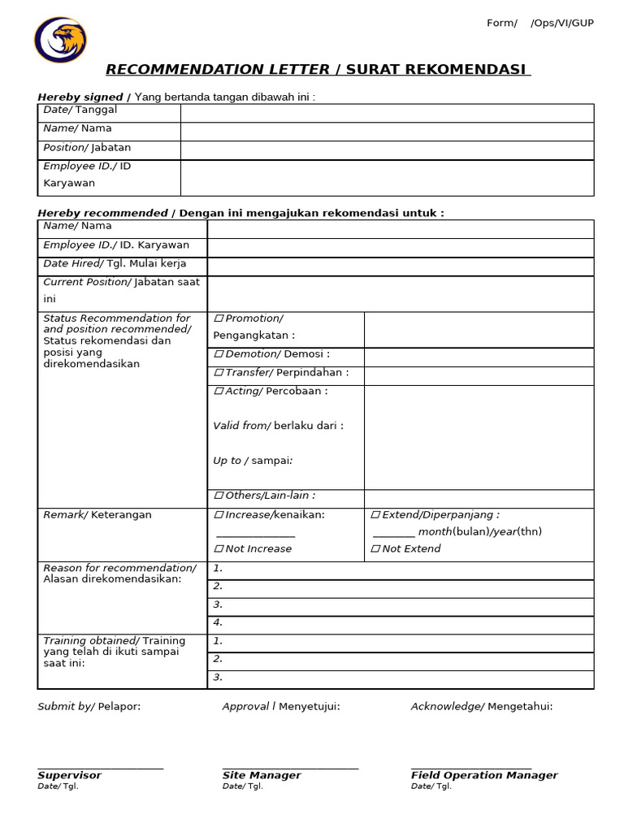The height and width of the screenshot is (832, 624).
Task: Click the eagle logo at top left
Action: tap(60, 40)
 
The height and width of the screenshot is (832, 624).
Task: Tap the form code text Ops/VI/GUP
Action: tap(562, 23)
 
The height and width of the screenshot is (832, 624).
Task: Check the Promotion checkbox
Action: tap(219, 318)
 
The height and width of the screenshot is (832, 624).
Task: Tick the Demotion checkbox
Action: tap(219, 354)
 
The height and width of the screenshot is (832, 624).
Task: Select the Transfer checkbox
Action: tap(219, 373)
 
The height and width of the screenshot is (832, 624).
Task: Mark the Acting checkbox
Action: tap(219, 392)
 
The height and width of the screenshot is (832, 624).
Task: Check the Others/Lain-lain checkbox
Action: tap(219, 496)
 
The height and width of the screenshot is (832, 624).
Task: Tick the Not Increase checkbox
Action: tap(219, 549)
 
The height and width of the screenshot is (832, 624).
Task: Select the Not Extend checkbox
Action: tap(375, 549)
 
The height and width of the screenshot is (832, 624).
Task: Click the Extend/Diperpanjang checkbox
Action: tap(375, 515)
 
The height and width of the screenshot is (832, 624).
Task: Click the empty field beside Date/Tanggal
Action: tap(387, 113)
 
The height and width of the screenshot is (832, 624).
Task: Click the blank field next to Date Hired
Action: tap(400, 266)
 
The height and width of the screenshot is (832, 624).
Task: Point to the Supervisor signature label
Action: tap(70, 776)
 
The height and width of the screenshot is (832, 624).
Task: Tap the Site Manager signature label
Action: tap(262, 776)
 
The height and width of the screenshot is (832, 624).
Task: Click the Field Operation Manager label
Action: tap(484, 776)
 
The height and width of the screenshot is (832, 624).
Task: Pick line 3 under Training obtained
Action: tap(400, 678)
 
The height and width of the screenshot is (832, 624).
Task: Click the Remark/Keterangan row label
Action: tap(97, 515)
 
